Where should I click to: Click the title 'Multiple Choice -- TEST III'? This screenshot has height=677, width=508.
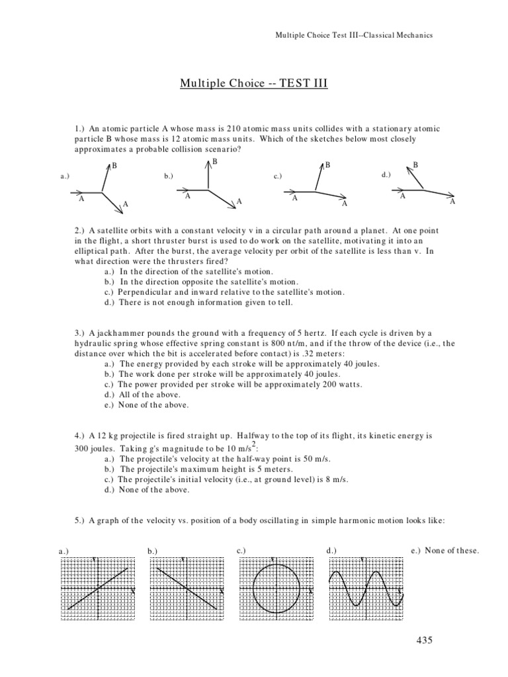point(254,84)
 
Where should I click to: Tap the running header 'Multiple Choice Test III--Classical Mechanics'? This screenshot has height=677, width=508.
point(354,35)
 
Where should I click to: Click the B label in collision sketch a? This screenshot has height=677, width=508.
point(114,165)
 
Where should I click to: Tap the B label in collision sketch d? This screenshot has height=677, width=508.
point(415,165)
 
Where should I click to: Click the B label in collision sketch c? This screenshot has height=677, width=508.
point(327,165)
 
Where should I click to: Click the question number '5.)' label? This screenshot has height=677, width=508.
point(80,520)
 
